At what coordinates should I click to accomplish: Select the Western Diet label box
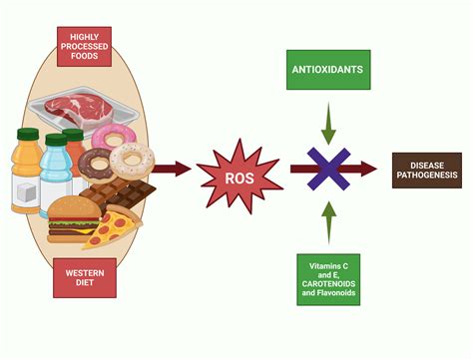(85, 278)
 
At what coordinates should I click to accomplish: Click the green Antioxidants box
(328, 70)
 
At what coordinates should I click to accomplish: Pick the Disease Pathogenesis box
(427, 171)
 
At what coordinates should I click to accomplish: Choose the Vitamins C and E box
(328, 279)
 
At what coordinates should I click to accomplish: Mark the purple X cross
(328, 170)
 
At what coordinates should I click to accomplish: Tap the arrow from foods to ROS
(176, 170)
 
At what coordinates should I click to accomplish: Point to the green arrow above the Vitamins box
(328, 221)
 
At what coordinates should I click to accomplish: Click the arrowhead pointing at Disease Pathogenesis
(370, 170)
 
